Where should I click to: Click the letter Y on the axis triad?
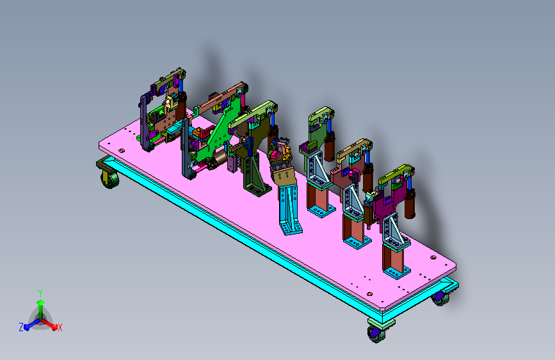(x=40, y=293)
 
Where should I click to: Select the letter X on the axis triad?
(x=60, y=327)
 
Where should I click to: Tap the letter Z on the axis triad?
(x=21, y=327)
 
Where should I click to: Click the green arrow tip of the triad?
(x=41, y=302)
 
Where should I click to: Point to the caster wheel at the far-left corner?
(x=109, y=178)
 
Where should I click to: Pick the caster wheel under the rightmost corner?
(x=440, y=298)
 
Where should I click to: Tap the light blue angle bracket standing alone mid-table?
(x=289, y=209)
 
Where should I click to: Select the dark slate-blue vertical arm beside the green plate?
(x=186, y=149)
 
